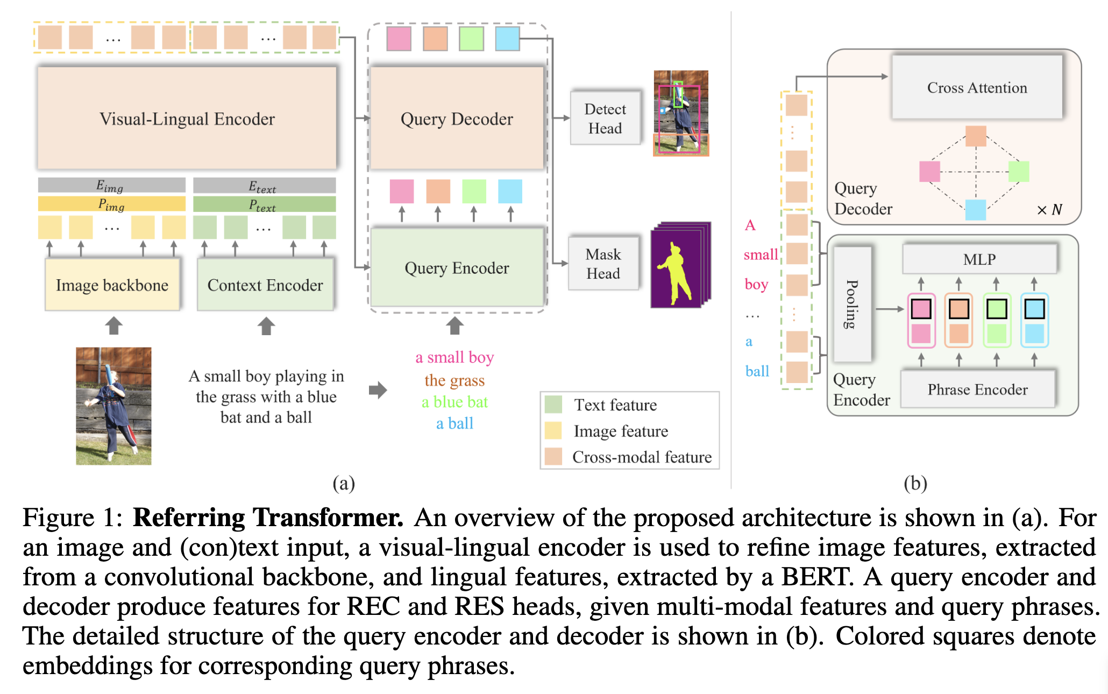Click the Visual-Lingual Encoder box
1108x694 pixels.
point(187,118)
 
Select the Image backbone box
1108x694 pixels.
point(112,285)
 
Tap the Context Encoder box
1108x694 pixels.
point(265,285)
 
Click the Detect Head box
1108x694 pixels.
point(605,118)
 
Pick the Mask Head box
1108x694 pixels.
point(603,264)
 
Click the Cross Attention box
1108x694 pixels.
point(977,87)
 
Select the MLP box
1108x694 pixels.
point(979,259)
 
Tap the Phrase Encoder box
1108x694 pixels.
point(978,389)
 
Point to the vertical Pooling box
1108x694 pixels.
point(853,304)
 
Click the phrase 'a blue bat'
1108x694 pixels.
point(454,402)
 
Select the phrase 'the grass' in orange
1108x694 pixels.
point(454,380)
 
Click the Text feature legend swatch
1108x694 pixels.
point(553,405)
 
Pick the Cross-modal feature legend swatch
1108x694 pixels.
point(553,457)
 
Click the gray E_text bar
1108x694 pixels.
point(264,186)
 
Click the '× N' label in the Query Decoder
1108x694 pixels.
point(1049,209)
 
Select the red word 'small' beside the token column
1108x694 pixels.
point(761,254)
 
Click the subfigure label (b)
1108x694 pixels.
point(915,483)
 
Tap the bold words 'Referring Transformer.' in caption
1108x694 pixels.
point(268,518)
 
